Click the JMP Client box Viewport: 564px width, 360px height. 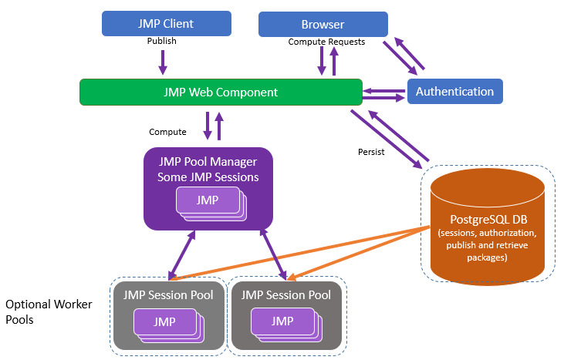click(166, 23)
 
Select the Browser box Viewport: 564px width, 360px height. click(323, 24)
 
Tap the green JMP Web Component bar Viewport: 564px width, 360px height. click(221, 92)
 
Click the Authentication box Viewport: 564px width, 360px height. click(454, 92)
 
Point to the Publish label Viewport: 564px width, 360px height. click(162, 42)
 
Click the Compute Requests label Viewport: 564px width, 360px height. click(326, 42)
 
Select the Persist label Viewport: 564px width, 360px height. click(371, 151)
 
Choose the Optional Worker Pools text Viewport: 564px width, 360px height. click(49, 311)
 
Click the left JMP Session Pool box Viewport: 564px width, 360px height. click(169, 315)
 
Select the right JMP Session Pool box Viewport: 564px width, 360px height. click(286, 315)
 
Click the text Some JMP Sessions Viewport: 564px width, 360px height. click(208, 177)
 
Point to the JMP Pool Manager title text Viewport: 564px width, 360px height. click(208, 162)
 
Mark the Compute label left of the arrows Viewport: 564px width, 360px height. click(167, 132)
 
